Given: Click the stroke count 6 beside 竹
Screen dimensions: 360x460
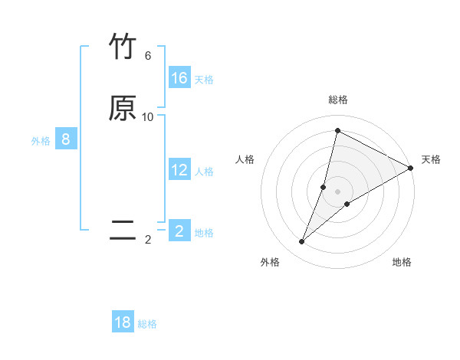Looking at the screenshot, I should pyautogui.click(x=148, y=56).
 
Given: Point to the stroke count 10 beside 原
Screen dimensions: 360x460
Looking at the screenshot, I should pyautogui.click(x=148, y=117).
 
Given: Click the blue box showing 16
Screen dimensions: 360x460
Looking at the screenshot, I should pyautogui.click(x=179, y=78).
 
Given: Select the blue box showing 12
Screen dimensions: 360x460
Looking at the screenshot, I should pyautogui.click(x=179, y=170).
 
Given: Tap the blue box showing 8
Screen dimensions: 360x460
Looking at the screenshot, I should pyautogui.click(x=66, y=139).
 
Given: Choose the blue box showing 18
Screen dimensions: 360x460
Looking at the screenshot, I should pyautogui.click(x=123, y=322).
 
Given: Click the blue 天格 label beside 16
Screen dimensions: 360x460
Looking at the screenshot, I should pyautogui.click(x=204, y=80).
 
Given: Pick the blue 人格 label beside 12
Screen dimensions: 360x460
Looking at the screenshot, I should pyautogui.click(x=204, y=172).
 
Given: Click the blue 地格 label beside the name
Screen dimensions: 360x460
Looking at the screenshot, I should pyautogui.click(x=204, y=233).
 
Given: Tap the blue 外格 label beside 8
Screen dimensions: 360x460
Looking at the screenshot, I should pyautogui.click(x=41, y=141).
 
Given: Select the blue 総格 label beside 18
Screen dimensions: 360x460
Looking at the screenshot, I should pyautogui.click(x=147, y=324).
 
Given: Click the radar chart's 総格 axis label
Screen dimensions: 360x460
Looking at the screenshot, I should pyautogui.click(x=338, y=100).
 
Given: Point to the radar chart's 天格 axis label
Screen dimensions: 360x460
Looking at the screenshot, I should pyautogui.click(x=431, y=159).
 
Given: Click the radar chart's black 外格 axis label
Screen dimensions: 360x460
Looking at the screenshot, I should pyautogui.click(x=270, y=262).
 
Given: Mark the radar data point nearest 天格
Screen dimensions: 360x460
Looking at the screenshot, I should pyautogui.click(x=411, y=168).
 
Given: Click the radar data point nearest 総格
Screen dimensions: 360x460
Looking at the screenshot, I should pyautogui.click(x=337, y=131).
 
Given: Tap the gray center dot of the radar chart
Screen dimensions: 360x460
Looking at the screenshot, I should pyautogui.click(x=338, y=191).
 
